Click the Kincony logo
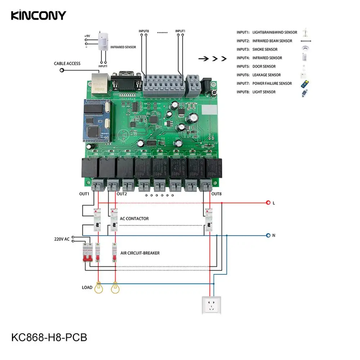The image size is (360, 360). pyautogui.click(x=38, y=15)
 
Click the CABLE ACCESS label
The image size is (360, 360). pyautogui.click(x=67, y=64)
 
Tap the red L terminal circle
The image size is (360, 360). pyautogui.click(x=268, y=203)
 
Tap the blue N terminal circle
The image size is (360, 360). pyautogui.click(x=268, y=235)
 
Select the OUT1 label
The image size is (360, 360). pyautogui.click(x=84, y=194)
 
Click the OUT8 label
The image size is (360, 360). pyautogui.click(x=217, y=194)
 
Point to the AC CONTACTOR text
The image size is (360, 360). pyautogui.click(x=134, y=219)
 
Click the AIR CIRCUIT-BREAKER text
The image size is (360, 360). pyautogui.click(x=140, y=253)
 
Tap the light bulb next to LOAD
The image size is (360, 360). pyautogui.click(x=98, y=288)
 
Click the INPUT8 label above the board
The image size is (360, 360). pyautogui.click(x=144, y=31)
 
